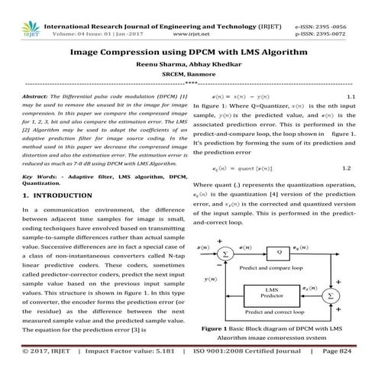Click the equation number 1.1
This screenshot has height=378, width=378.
352,97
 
